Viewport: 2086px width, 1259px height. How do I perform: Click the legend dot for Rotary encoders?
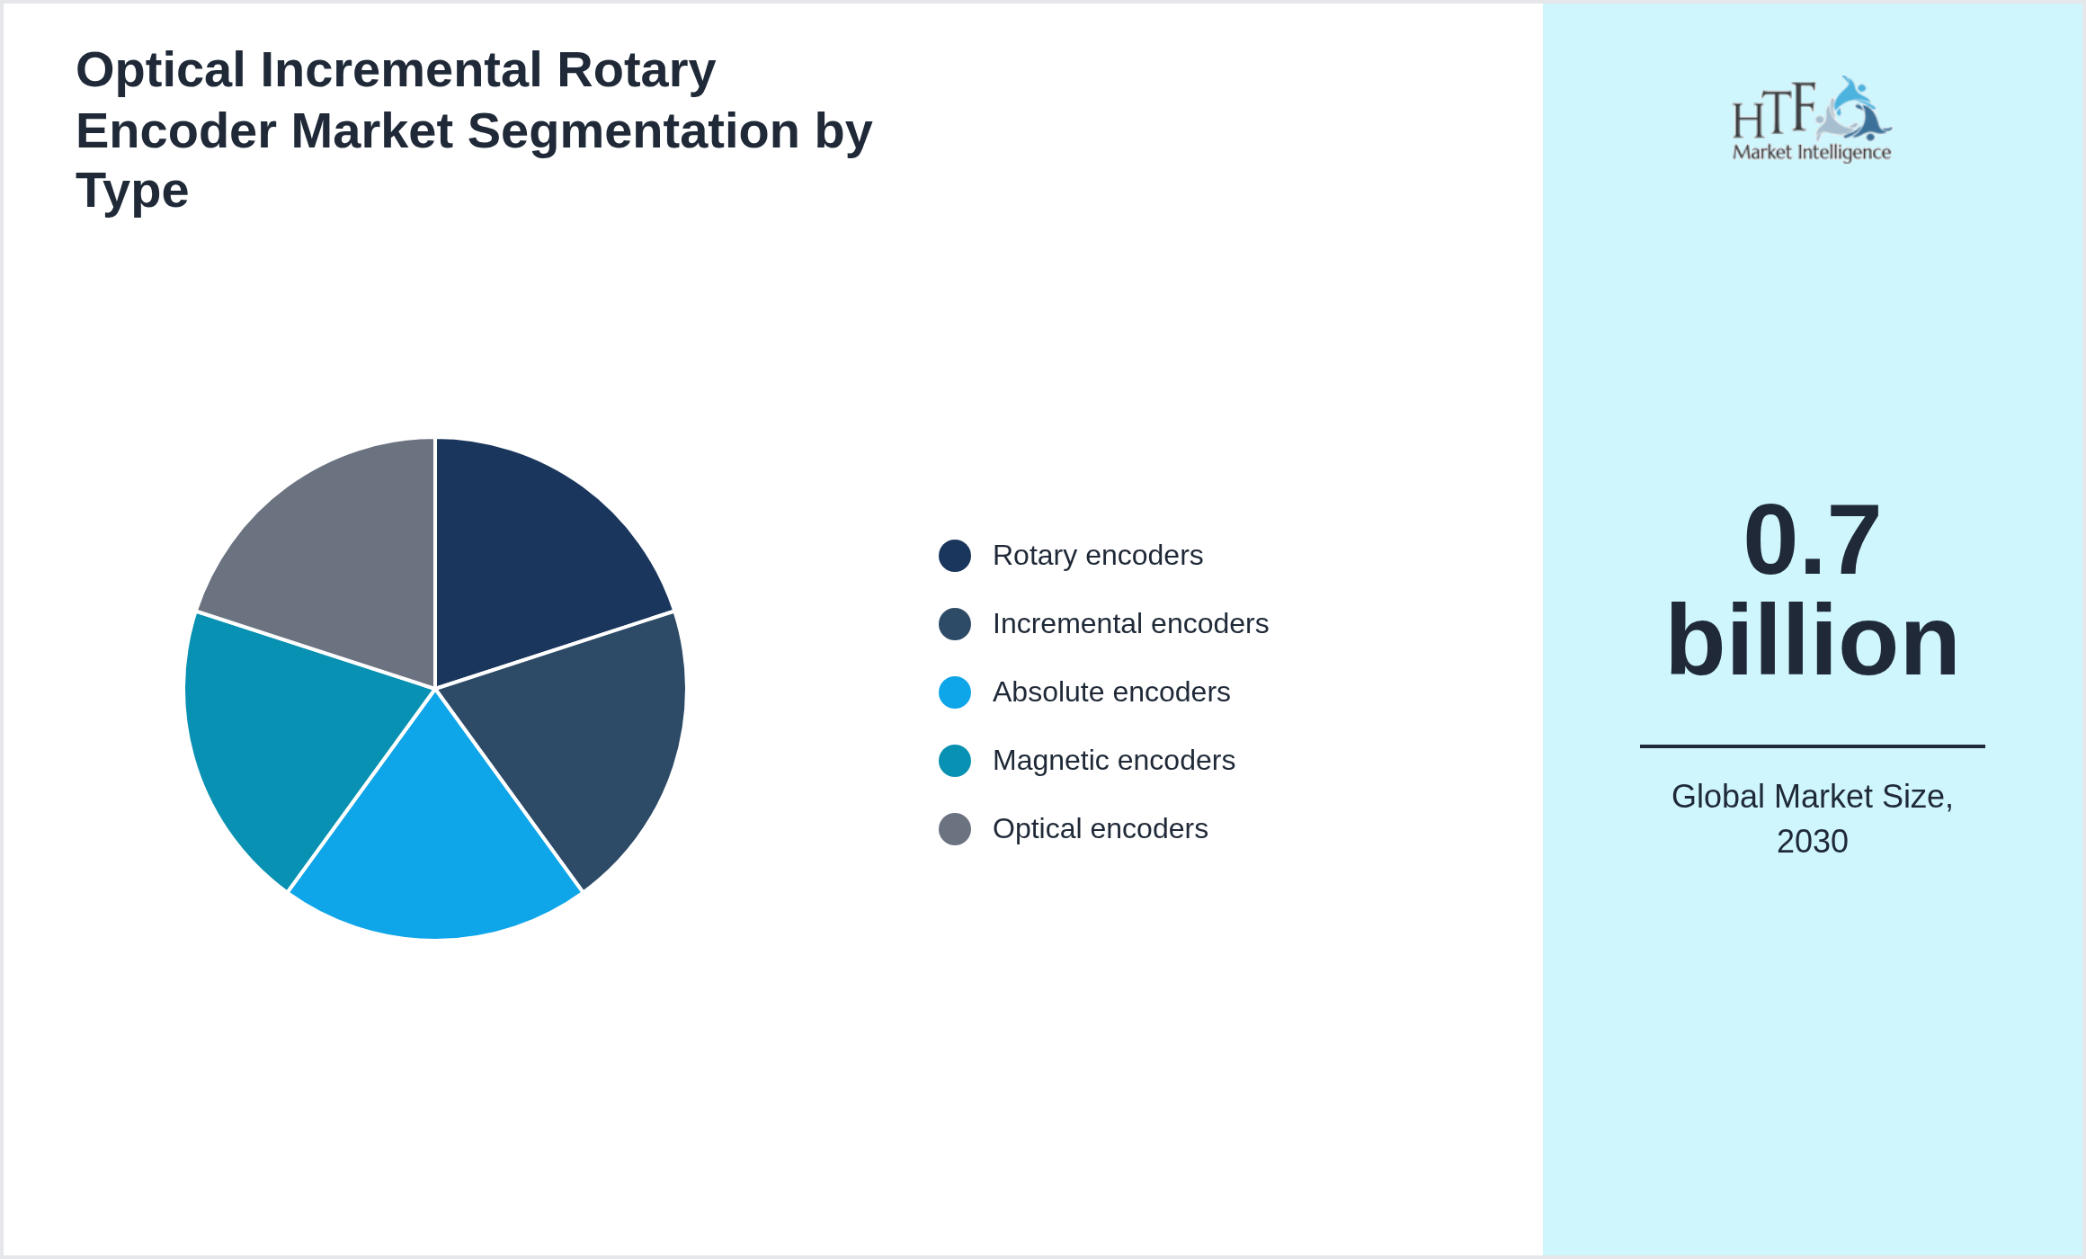pyautogui.click(x=954, y=556)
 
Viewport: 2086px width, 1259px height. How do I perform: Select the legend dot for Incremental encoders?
pyautogui.click(x=954, y=624)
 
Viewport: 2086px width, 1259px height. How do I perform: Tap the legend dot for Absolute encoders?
pyautogui.click(x=954, y=692)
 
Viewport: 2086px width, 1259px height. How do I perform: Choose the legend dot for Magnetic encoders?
pyautogui.click(x=954, y=761)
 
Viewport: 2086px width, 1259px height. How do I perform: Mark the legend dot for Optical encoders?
pyautogui.click(x=954, y=829)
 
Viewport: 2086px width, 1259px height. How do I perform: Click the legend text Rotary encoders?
pyautogui.click(x=1097, y=556)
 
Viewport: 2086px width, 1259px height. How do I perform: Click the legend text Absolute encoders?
pyautogui.click(x=1110, y=692)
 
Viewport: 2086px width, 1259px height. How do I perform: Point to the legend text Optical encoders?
pyautogui.click(x=1100, y=829)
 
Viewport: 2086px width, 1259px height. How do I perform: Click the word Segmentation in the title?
pyautogui.click(x=633, y=131)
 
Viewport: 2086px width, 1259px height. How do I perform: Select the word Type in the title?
pyautogui.click(x=132, y=192)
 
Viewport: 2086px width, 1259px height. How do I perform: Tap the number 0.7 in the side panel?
pyautogui.click(x=1811, y=540)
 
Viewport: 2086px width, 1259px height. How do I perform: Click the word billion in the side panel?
pyautogui.click(x=1811, y=640)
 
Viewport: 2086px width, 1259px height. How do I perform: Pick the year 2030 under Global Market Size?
pyautogui.click(x=1812, y=842)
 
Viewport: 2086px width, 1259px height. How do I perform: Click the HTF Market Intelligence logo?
pyautogui.click(x=1811, y=120)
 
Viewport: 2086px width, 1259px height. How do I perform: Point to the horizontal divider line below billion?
pyautogui.click(x=1811, y=746)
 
